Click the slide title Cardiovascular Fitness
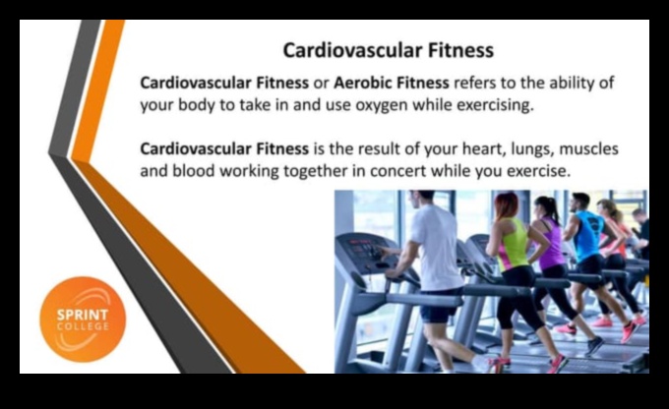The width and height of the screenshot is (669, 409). point(388,49)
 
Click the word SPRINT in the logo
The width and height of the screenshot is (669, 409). point(83,308)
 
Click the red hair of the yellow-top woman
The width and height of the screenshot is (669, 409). point(504,204)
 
